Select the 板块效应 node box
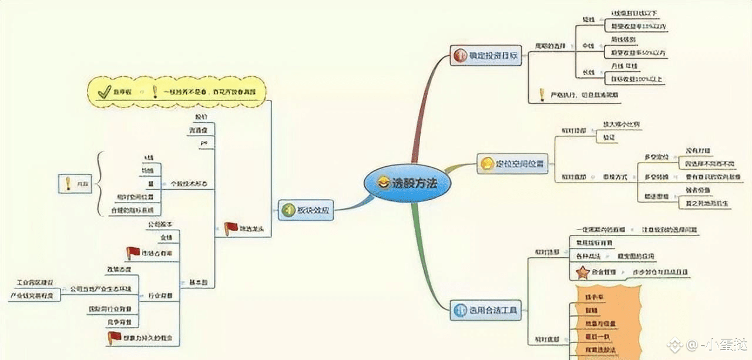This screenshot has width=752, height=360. [x=305, y=209]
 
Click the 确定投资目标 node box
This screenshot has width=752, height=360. [x=486, y=56]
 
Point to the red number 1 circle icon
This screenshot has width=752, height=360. [x=459, y=56]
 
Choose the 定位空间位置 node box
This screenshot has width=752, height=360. [x=511, y=163]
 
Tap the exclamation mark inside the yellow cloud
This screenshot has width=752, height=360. [x=155, y=92]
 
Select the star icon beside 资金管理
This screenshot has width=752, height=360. [x=582, y=272]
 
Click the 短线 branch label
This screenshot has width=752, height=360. [x=588, y=19]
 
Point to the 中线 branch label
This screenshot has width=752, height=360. [x=588, y=46]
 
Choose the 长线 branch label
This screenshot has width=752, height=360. [x=588, y=72]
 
